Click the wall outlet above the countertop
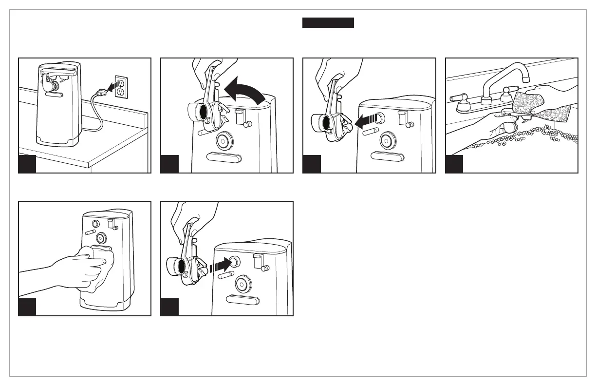pos(122,86)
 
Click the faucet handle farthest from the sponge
pos(457,98)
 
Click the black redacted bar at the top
pos(328,23)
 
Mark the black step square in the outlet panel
pos(27,165)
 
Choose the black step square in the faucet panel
pos(454,165)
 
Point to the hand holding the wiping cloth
pos(73,270)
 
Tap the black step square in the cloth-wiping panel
pos(27,308)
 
